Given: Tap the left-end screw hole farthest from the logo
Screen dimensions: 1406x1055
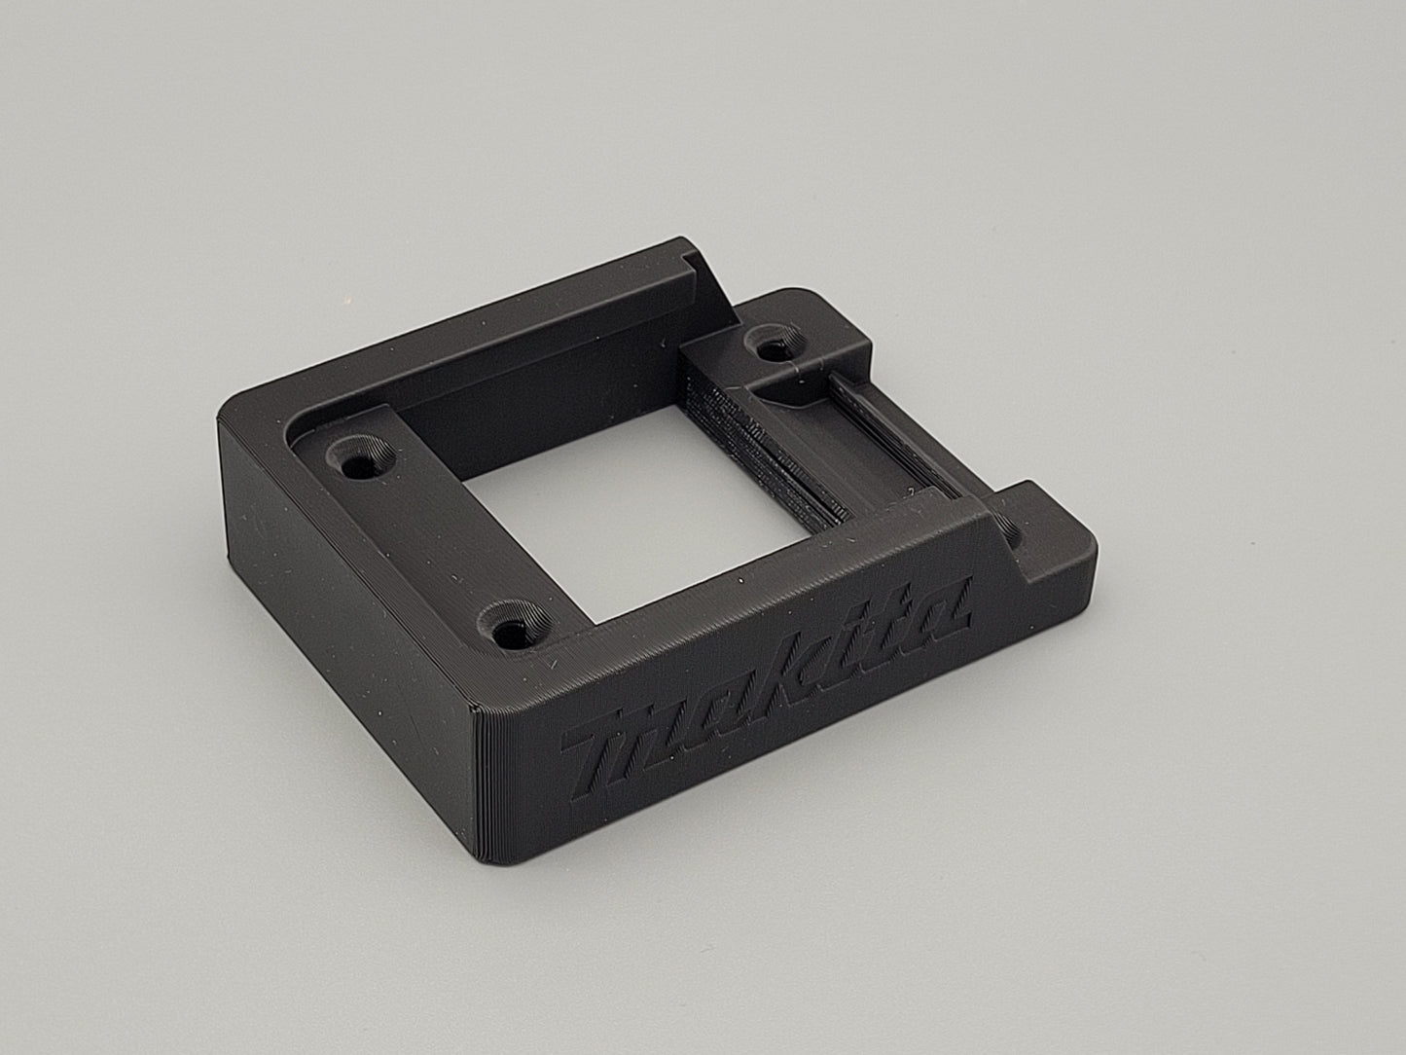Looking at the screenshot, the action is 360,460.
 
